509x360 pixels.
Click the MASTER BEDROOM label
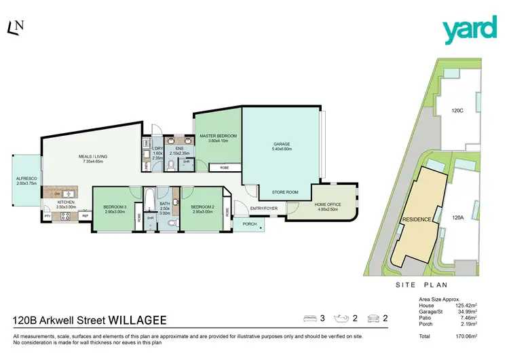[218, 137]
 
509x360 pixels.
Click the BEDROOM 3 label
[115, 207]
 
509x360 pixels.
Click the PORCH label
[249, 223]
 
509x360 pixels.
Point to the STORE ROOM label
[285, 192]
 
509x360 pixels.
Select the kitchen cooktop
[67, 216]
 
